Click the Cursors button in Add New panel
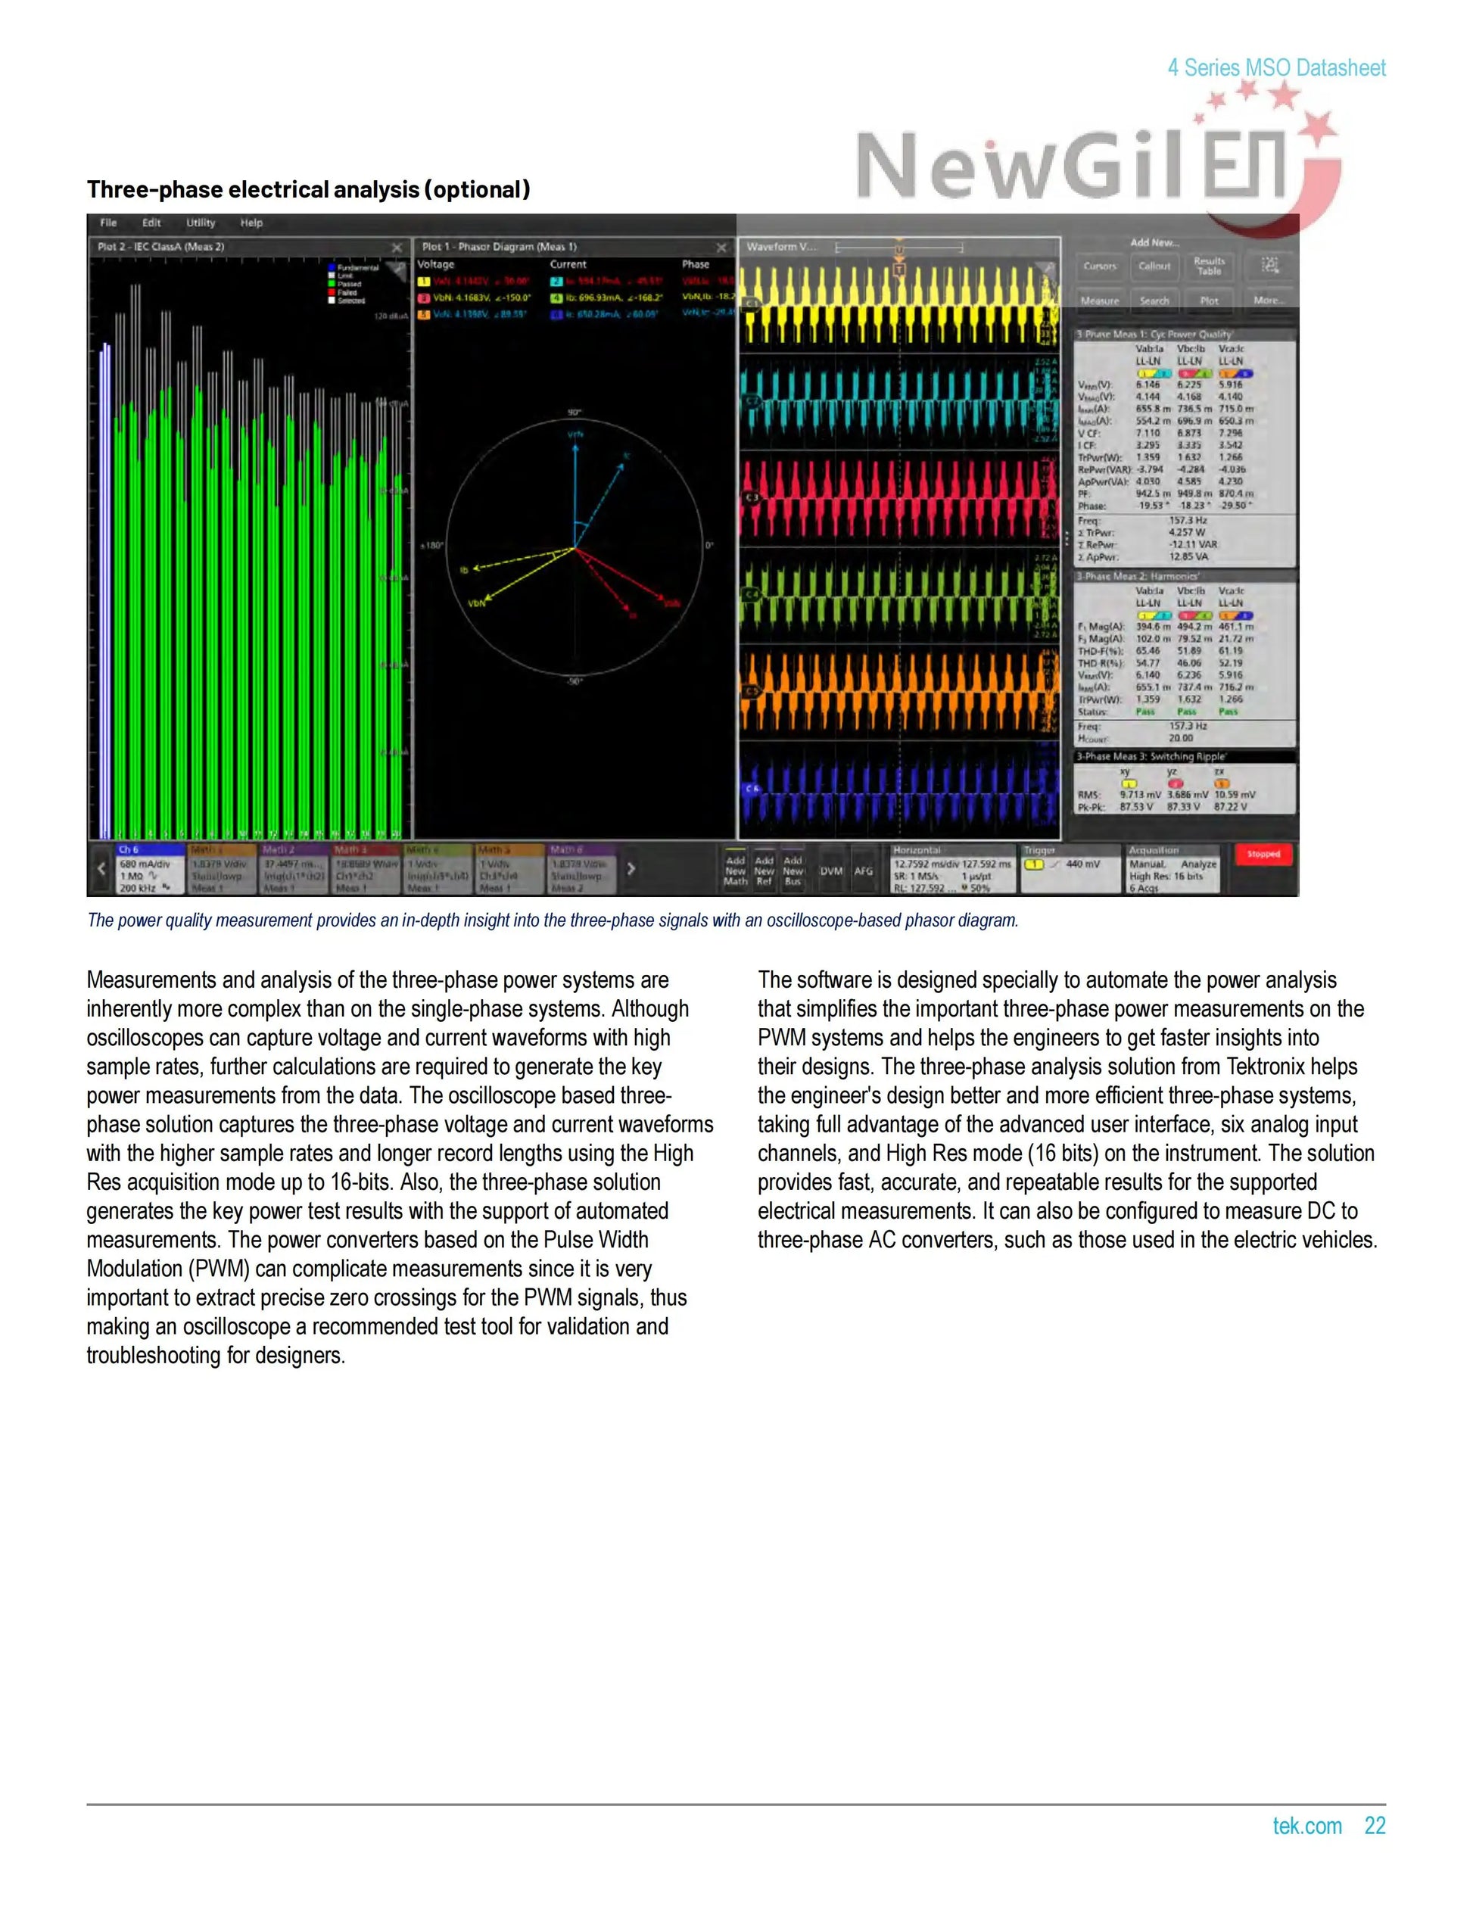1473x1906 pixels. point(1100,266)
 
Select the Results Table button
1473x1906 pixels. point(1209,266)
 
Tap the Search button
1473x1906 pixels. point(1154,301)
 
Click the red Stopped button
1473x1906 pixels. point(1263,855)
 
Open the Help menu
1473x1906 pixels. point(251,223)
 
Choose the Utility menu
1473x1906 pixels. point(200,223)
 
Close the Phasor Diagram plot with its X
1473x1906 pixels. point(721,248)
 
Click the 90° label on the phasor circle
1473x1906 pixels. point(575,412)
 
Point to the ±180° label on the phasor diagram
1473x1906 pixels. point(431,546)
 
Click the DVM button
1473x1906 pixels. point(831,871)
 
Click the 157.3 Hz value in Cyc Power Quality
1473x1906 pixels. point(1188,520)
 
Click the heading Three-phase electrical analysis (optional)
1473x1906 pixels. point(308,189)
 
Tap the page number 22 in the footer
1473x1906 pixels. point(1375,1826)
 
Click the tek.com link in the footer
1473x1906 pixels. point(1306,1826)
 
